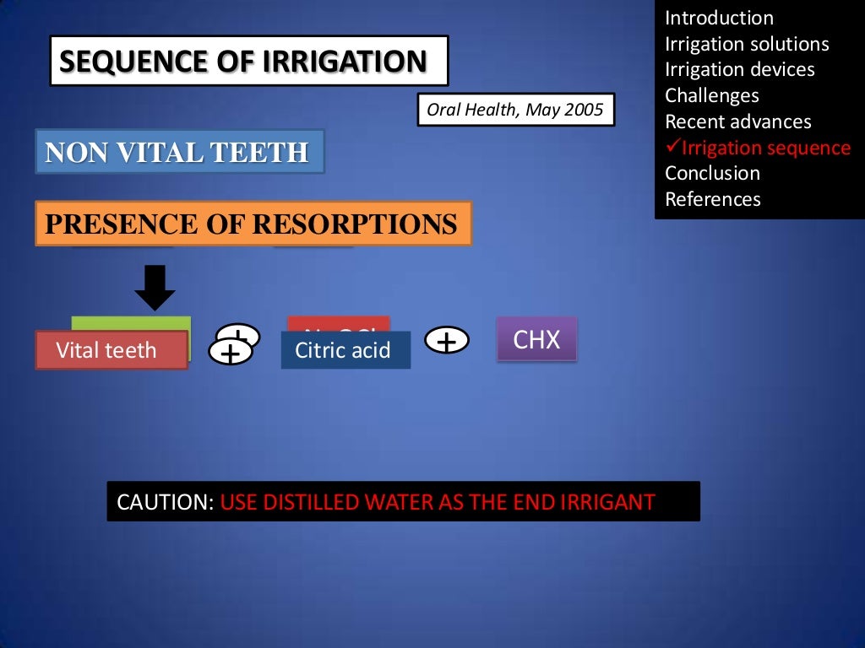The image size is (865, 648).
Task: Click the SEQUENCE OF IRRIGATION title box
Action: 248,62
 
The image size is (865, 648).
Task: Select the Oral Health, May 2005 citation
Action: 515,111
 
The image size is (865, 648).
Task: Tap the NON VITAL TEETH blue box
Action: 179,152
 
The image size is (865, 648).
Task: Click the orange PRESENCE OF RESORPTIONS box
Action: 253,224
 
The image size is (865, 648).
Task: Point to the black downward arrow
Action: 155,288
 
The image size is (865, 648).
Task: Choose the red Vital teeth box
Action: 111,350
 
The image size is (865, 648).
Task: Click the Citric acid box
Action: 345,350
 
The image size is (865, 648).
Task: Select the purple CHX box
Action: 536,340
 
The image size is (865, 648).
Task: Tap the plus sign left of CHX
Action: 447,341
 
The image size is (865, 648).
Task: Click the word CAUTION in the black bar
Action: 165,502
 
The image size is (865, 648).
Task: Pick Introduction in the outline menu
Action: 719,18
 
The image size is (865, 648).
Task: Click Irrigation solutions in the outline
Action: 747,44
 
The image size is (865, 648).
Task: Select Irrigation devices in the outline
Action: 739,69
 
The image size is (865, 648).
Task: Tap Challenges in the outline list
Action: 711,95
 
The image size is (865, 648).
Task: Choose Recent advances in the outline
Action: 737,121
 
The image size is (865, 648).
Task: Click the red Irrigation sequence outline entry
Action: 765,148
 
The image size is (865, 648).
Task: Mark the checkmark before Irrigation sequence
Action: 672,147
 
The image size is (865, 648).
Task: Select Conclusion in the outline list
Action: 712,173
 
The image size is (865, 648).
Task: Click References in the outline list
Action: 712,199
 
